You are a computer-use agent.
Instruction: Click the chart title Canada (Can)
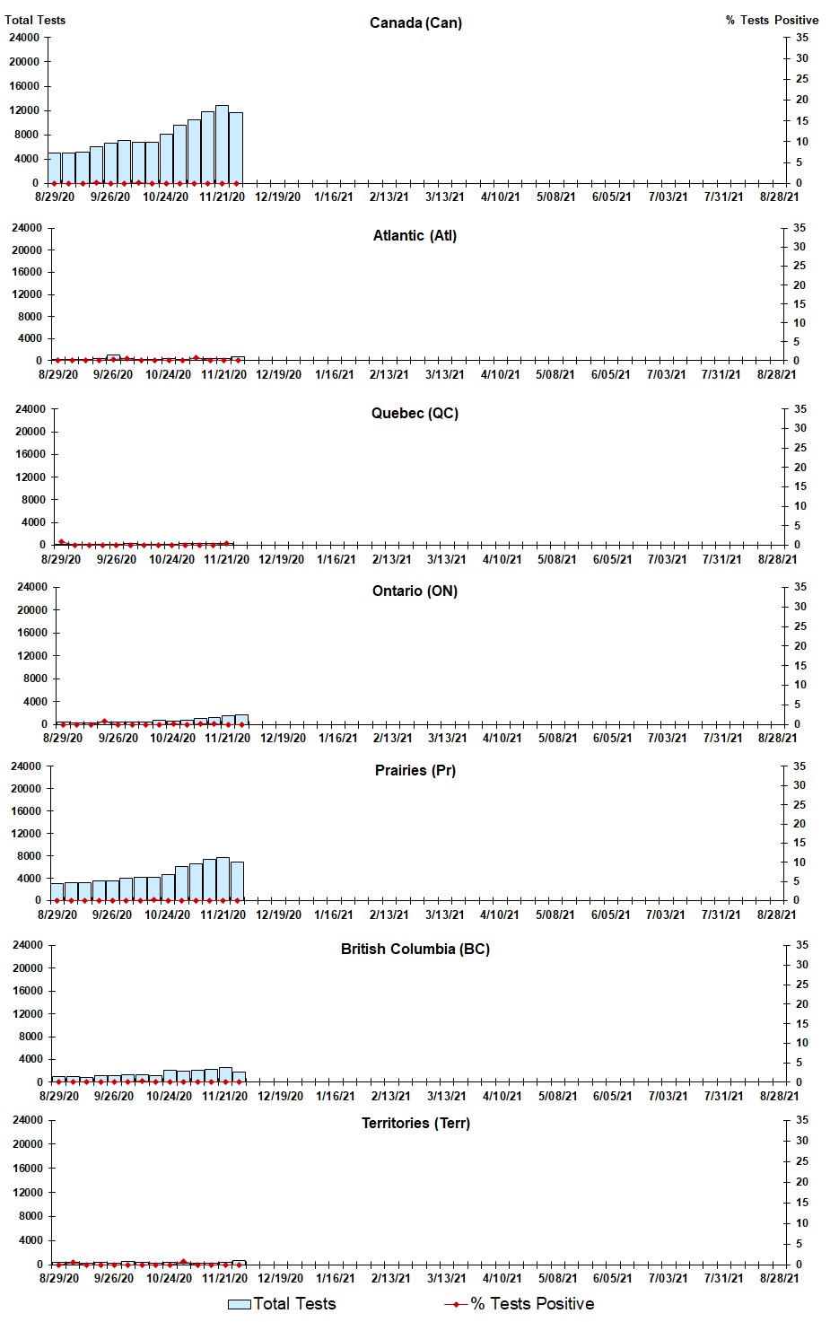coord(415,22)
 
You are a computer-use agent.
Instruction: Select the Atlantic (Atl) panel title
coord(415,235)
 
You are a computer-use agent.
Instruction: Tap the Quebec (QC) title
coord(415,413)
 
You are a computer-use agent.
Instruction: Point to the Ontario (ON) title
coord(415,591)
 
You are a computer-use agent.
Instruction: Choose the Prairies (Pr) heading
coord(415,770)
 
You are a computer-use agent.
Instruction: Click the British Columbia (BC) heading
coord(415,949)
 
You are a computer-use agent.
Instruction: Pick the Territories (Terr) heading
coord(415,1123)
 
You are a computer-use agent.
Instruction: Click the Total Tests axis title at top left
coord(35,20)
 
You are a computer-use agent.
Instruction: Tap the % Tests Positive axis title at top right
coord(772,20)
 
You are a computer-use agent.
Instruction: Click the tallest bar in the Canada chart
coord(222,144)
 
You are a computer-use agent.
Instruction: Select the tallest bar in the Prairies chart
coord(223,879)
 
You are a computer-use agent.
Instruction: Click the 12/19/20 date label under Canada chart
coord(277,197)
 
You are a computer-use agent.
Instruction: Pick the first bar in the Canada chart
coord(54,168)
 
